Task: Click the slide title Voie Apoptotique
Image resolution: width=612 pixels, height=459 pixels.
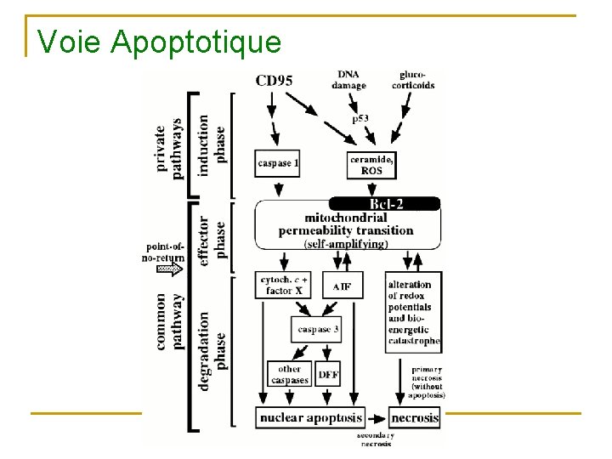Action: pyautogui.click(x=159, y=40)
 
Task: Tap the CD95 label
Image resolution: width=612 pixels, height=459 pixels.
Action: pyautogui.click(x=274, y=81)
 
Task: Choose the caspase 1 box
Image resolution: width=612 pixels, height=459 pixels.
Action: pyautogui.click(x=277, y=162)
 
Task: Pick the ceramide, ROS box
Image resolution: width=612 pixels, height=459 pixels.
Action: pyautogui.click(x=372, y=165)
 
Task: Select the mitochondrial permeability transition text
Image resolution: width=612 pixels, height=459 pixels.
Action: pyautogui.click(x=346, y=224)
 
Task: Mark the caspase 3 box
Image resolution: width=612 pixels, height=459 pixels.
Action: pyautogui.click(x=317, y=329)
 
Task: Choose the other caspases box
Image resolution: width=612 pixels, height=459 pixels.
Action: pyautogui.click(x=289, y=374)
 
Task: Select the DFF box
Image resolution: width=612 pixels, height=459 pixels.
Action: pyautogui.click(x=328, y=374)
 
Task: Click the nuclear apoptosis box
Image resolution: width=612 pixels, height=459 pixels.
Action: pyautogui.click(x=310, y=417)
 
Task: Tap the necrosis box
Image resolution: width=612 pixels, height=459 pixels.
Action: pyautogui.click(x=415, y=417)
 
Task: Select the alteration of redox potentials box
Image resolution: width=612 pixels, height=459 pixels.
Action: pyautogui.click(x=413, y=312)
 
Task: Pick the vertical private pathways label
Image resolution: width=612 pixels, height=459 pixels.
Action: pyautogui.click(x=170, y=149)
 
